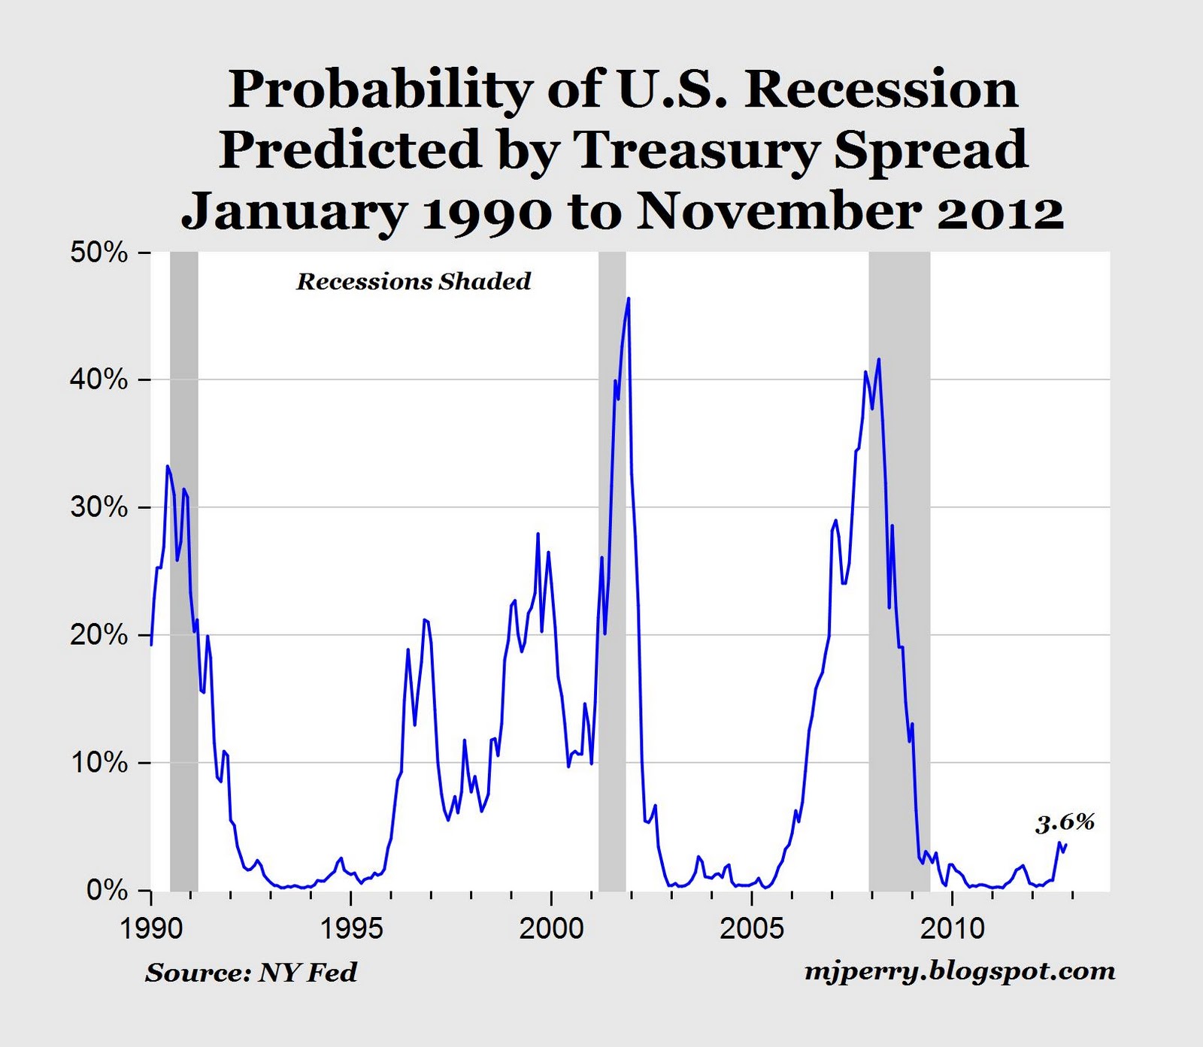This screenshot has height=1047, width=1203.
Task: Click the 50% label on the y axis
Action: click(x=99, y=253)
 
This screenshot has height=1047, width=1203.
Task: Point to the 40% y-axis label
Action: click(x=99, y=380)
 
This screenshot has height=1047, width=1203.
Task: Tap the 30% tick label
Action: click(x=99, y=508)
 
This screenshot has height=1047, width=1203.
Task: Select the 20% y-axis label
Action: click(x=99, y=636)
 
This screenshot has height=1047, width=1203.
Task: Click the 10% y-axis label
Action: click(x=99, y=763)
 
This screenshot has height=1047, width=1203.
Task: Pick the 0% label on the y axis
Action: click(x=107, y=891)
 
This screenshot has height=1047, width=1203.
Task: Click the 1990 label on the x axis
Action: click(x=151, y=929)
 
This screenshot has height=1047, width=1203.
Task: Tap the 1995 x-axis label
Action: click(x=351, y=929)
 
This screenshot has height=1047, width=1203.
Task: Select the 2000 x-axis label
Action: click(x=551, y=929)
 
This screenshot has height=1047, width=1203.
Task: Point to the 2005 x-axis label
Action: click(x=751, y=929)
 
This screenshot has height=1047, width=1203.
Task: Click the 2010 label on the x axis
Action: click(x=952, y=929)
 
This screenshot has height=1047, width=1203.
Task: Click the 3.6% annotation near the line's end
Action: click(x=1065, y=823)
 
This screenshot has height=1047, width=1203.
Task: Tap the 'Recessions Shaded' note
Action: click(x=414, y=282)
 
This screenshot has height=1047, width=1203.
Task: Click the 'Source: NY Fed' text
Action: click(x=251, y=973)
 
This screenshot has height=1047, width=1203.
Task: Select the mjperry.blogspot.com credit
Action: click(x=959, y=972)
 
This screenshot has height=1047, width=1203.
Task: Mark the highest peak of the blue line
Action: click(x=629, y=298)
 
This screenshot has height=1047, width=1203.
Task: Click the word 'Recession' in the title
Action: click(x=881, y=90)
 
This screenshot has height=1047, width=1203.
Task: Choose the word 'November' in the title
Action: click(x=779, y=211)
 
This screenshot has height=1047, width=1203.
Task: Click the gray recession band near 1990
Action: click(x=184, y=571)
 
